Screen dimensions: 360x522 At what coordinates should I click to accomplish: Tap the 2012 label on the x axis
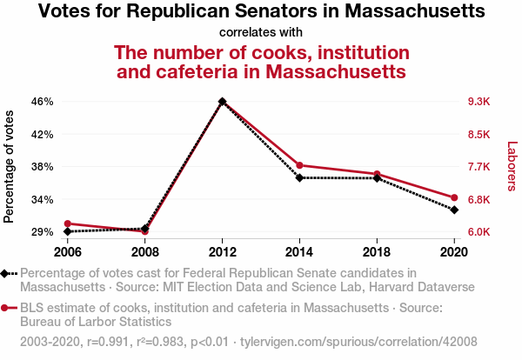tap(223, 251)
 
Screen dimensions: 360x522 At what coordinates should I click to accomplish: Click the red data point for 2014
tap(299, 165)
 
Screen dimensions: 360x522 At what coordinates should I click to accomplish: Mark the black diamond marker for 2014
tap(299, 177)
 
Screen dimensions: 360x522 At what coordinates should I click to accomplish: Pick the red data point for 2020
tap(454, 197)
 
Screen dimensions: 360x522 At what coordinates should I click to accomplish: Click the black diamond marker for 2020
tap(454, 210)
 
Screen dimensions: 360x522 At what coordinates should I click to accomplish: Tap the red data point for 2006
tap(68, 223)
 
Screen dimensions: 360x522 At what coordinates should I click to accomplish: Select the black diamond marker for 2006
tap(68, 231)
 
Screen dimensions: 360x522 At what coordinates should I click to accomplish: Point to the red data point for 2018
tap(377, 174)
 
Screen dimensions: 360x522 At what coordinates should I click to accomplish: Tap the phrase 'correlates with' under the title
tap(261, 33)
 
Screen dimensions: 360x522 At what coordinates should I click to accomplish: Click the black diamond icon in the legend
tap(7, 274)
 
